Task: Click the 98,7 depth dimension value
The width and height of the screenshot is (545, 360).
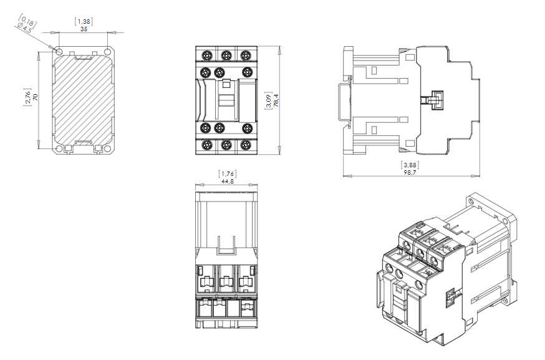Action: coord(410,172)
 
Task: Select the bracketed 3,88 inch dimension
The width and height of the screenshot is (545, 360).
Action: coord(410,165)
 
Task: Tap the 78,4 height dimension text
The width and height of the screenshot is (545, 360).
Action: coord(276,100)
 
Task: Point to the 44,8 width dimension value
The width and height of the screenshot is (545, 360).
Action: coord(228,181)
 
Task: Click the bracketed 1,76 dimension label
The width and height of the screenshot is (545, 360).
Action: coord(228,173)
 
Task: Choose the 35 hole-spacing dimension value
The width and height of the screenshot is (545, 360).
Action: coord(84,29)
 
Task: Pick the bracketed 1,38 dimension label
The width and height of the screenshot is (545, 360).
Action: coord(84,22)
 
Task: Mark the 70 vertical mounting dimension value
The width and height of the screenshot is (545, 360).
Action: coord(35,97)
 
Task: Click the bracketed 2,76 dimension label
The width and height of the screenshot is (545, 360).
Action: coord(27,97)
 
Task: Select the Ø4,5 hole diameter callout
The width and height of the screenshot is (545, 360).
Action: coord(24,29)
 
